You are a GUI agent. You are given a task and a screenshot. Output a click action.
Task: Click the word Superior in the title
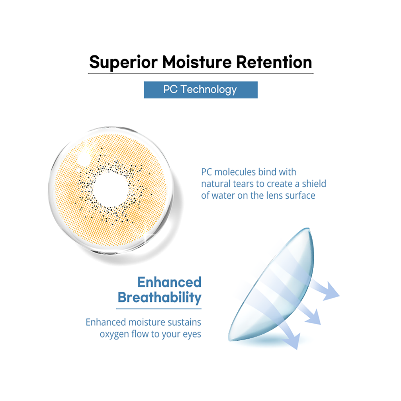click(123, 62)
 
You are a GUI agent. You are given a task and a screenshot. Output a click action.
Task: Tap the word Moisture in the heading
click(197, 62)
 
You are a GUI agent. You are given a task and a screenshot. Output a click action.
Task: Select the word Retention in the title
click(274, 62)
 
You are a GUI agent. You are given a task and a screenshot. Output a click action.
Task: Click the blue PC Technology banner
click(200, 90)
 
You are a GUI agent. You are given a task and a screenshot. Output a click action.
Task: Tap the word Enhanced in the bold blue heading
click(169, 282)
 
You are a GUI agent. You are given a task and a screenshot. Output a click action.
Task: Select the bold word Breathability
click(160, 298)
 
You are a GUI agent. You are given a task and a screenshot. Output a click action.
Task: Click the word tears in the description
click(244, 184)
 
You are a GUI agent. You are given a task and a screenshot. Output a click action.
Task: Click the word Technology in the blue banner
click(209, 90)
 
